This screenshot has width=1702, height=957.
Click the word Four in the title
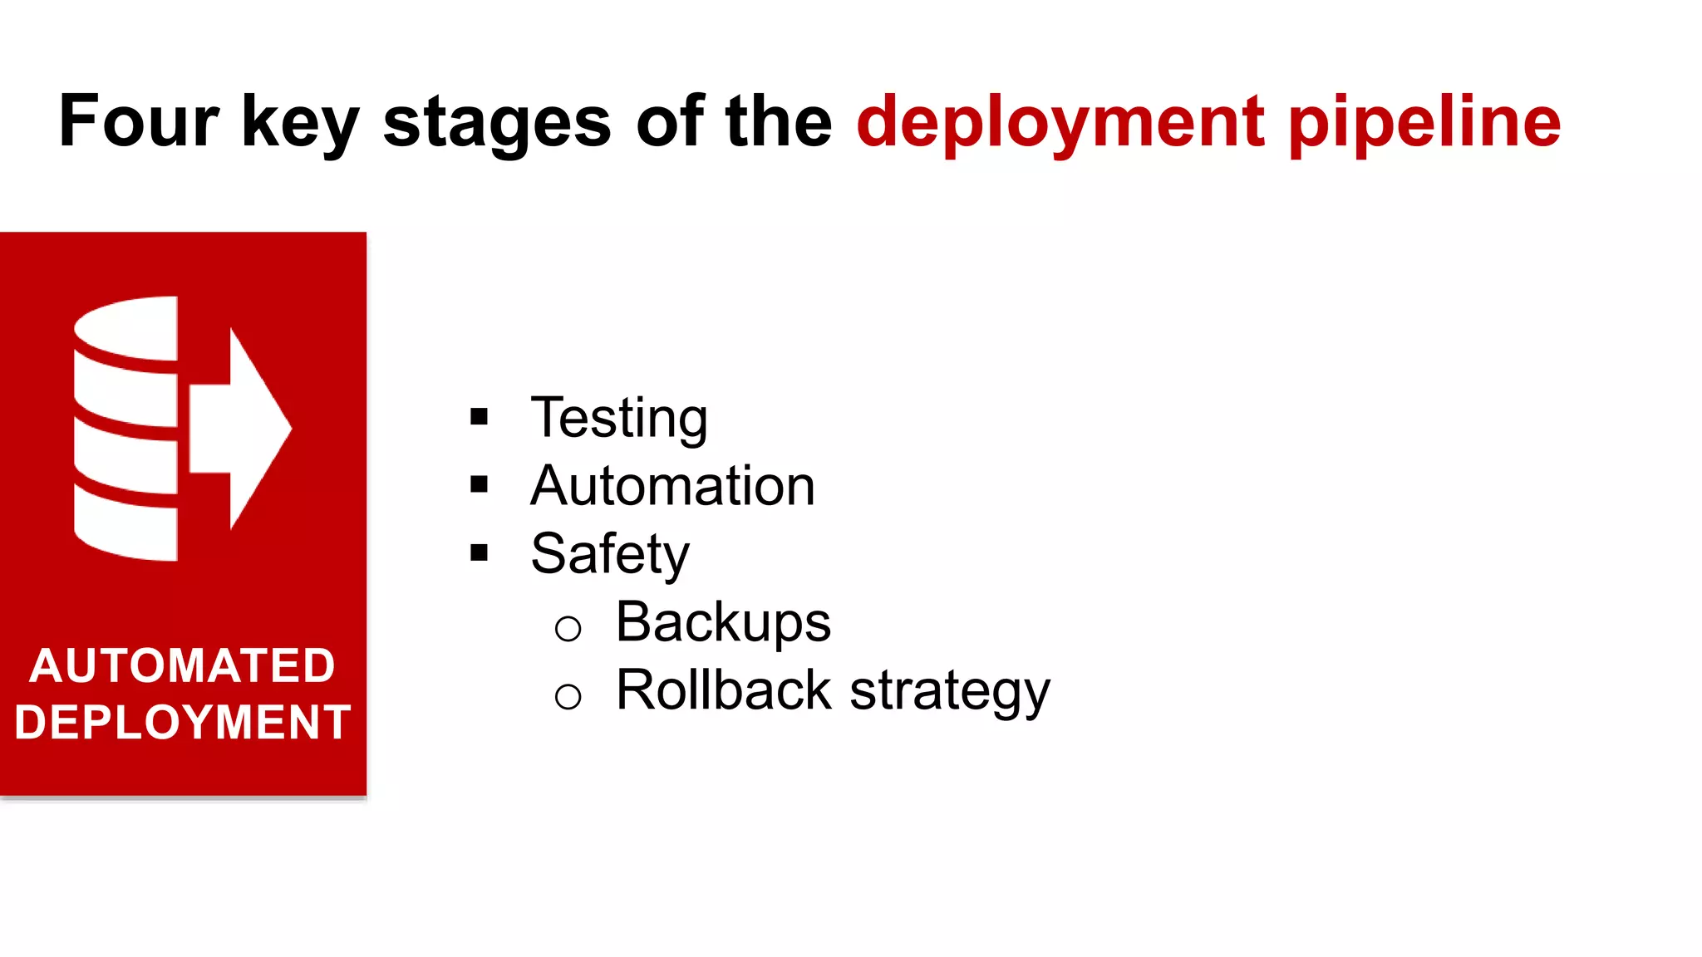coord(139,121)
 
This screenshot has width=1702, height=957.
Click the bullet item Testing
coord(619,418)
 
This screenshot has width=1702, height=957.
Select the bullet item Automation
coord(672,486)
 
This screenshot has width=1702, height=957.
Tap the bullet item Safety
coord(610,554)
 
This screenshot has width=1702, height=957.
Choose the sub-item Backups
coord(722,622)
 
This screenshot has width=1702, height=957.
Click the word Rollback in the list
coord(723,690)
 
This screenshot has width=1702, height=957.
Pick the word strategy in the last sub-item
coord(950,692)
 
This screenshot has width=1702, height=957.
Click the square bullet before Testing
coord(479,416)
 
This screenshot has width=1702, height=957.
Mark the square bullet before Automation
coord(479,484)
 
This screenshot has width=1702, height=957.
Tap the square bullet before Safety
coord(479,552)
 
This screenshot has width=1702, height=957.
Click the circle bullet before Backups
coord(568,628)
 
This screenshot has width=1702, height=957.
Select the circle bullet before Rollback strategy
coord(568,696)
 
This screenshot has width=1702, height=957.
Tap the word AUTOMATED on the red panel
coord(182,666)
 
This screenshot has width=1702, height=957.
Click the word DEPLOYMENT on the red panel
coord(183,722)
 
